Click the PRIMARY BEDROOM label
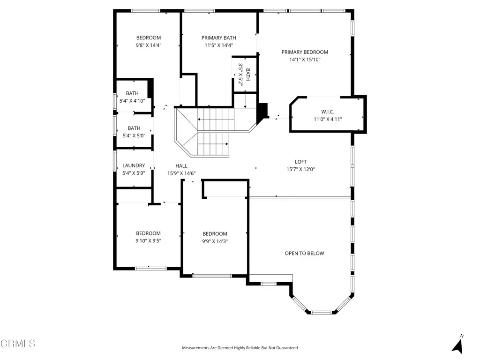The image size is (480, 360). (x=305, y=52)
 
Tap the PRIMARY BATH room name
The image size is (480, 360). (x=218, y=38)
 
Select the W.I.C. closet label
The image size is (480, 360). (x=328, y=112)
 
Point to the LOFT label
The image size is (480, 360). (x=300, y=162)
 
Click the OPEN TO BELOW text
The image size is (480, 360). (x=304, y=254)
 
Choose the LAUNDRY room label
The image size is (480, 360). (x=134, y=165)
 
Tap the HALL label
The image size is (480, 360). (x=181, y=166)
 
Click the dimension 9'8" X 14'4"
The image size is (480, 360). (x=149, y=45)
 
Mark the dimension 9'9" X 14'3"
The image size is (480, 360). (x=215, y=241)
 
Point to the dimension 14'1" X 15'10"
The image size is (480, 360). (x=305, y=60)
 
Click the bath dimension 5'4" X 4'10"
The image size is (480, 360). (x=132, y=101)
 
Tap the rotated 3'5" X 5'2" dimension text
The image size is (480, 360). (x=240, y=74)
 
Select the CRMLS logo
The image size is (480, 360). (x=18, y=344)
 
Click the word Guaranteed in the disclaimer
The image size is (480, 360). (x=285, y=348)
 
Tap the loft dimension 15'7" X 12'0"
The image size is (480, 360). (x=300, y=169)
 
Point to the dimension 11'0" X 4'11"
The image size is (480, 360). (x=328, y=119)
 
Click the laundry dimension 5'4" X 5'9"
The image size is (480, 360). (x=134, y=173)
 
